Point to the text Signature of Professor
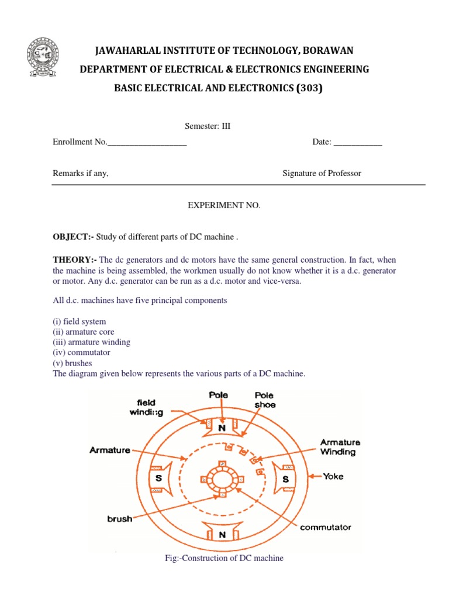click(x=322, y=173)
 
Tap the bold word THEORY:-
click(x=75, y=259)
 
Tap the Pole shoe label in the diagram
click(x=264, y=400)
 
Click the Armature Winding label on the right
click(x=340, y=447)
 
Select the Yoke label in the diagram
click(x=333, y=476)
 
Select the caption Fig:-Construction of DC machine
click(x=224, y=558)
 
